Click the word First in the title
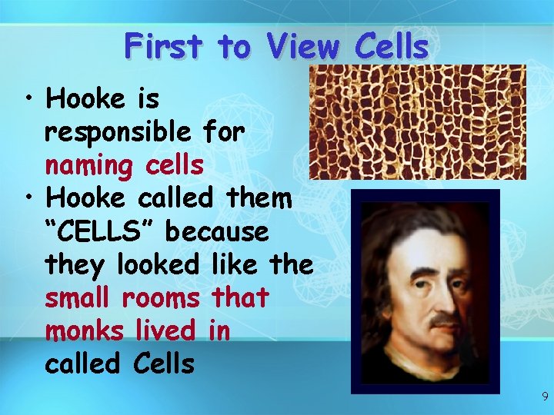(164, 47)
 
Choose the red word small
(79, 297)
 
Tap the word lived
(168, 330)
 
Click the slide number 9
(545, 397)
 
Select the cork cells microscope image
(417, 121)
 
